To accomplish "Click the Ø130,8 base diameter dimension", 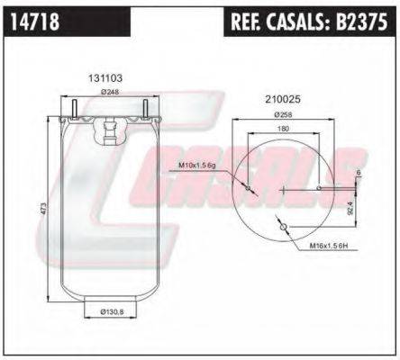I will click(x=109, y=313).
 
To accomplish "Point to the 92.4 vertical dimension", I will click(x=350, y=211).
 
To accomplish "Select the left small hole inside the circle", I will click(x=246, y=188).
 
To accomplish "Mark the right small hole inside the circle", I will click(x=321, y=188).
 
